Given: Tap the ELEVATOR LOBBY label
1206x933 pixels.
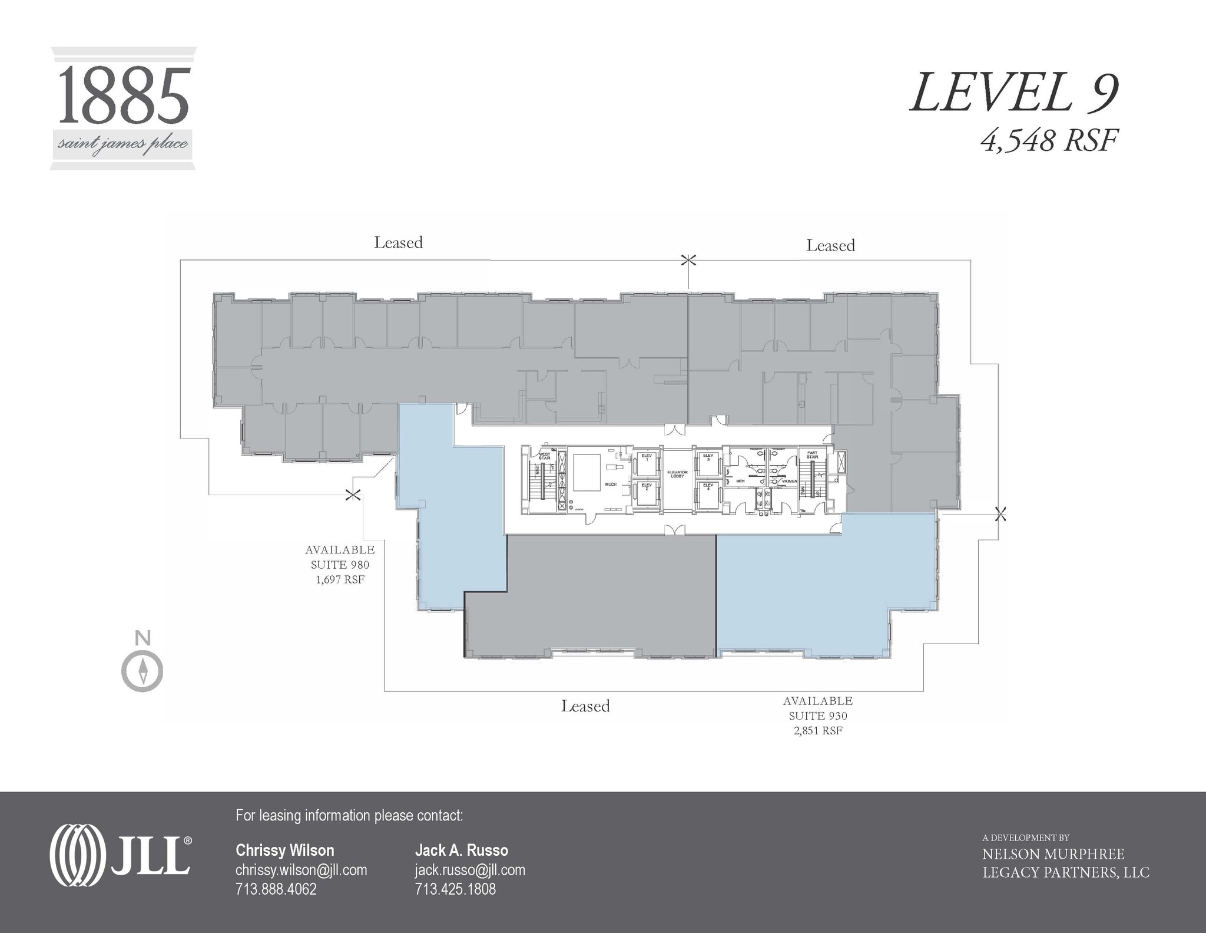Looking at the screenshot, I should (677, 474).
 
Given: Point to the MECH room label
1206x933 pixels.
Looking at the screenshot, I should (611, 484).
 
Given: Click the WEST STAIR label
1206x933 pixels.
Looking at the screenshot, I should (545, 456).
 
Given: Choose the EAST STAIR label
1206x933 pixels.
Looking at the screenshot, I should (812, 456).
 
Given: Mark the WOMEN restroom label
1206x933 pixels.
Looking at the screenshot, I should (789, 482).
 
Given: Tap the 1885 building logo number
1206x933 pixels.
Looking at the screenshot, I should (124, 94).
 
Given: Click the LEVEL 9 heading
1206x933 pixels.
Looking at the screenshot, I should (1013, 93).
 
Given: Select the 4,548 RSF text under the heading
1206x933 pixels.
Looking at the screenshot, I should (1048, 141).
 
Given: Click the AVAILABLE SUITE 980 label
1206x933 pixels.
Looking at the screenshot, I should (340, 557).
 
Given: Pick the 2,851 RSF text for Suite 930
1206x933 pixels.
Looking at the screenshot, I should (818, 731).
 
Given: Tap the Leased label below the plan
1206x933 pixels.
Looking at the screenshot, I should (585, 706).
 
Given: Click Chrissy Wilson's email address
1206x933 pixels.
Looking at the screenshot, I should (301, 870).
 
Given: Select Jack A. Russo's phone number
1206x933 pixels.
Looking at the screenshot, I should (455, 889).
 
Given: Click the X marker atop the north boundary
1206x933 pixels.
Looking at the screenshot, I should (688, 260).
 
